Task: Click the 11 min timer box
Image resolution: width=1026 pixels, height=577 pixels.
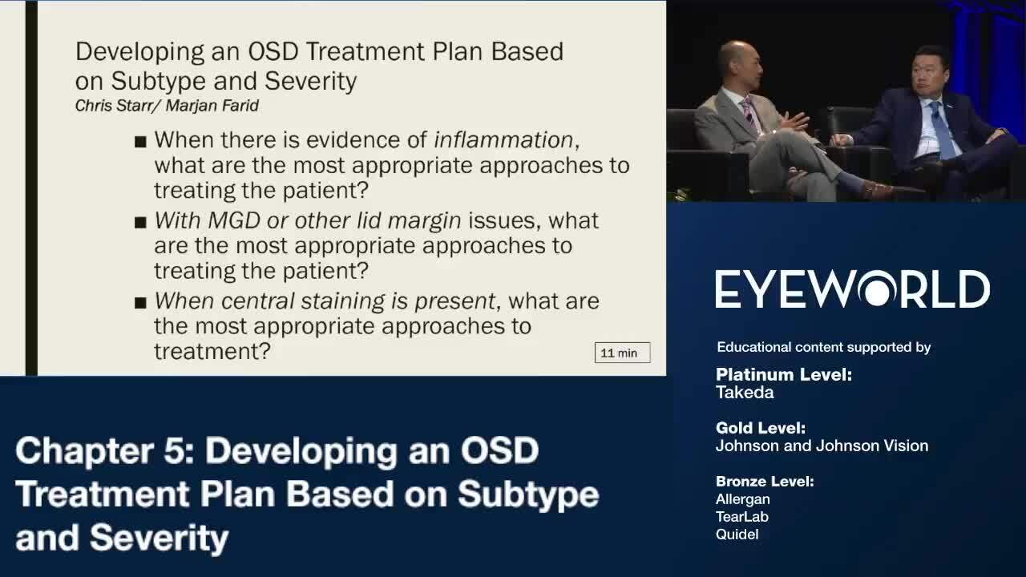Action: tap(623, 353)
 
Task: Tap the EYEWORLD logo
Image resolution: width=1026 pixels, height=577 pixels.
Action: tap(852, 289)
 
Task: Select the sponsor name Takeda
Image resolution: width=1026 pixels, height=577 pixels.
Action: tap(745, 393)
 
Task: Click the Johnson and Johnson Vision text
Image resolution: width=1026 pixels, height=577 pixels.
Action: tap(822, 446)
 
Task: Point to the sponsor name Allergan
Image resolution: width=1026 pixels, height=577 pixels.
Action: tap(743, 499)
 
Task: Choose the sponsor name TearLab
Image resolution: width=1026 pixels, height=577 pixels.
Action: tap(742, 517)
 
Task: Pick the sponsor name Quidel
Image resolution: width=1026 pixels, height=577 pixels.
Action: tap(737, 535)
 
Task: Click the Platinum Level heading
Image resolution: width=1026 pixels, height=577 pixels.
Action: tap(784, 374)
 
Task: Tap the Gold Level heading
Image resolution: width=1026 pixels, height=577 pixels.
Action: tap(761, 428)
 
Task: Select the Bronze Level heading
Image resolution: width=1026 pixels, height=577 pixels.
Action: tap(765, 482)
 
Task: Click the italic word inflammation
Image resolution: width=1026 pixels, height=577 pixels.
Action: tap(503, 139)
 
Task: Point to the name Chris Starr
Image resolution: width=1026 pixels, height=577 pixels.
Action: tap(113, 106)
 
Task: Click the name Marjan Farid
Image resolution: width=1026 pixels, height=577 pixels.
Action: tap(212, 106)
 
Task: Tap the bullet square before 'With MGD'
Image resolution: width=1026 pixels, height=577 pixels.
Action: tap(140, 223)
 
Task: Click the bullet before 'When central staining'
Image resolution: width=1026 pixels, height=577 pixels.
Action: tap(140, 303)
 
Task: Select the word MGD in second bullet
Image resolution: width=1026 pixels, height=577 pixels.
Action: tap(233, 220)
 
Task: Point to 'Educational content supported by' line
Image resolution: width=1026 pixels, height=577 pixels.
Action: tap(823, 347)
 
